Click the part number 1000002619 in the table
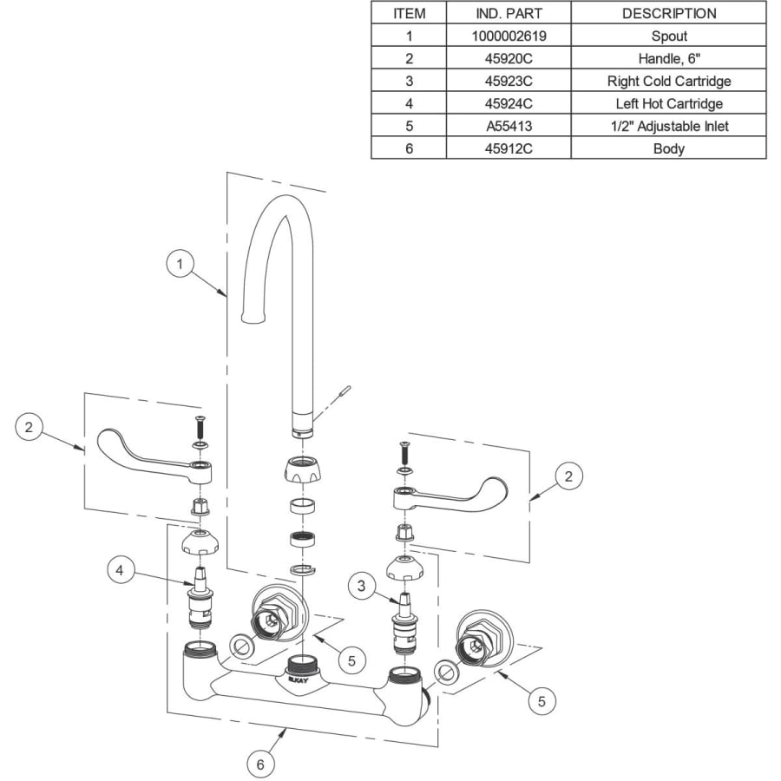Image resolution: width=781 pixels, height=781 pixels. click(x=509, y=36)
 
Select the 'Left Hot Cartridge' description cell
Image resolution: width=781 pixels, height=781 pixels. click(x=668, y=104)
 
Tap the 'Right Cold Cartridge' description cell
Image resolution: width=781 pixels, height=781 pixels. click(x=668, y=82)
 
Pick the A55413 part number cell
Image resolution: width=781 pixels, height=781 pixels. click(x=509, y=127)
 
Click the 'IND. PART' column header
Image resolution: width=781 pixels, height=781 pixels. click(x=509, y=14)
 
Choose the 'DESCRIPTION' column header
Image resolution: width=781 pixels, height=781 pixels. click(x=668, y=14)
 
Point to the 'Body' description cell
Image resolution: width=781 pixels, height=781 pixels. click(x=668, y=149)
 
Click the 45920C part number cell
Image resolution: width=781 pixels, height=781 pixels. click(x=509, y=59)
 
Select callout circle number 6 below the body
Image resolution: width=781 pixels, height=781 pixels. click(x=259, y=765)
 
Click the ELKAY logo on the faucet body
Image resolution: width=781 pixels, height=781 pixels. click(x=298, y=681)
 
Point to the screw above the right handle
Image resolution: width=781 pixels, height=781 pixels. click(x=403, y=452)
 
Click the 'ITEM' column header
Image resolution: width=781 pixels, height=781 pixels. click(x=409, y=14)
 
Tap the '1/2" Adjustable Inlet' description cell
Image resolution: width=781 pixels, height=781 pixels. click(x=668, y=127)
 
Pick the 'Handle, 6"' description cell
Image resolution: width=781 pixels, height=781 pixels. click(x=668, y=59)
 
